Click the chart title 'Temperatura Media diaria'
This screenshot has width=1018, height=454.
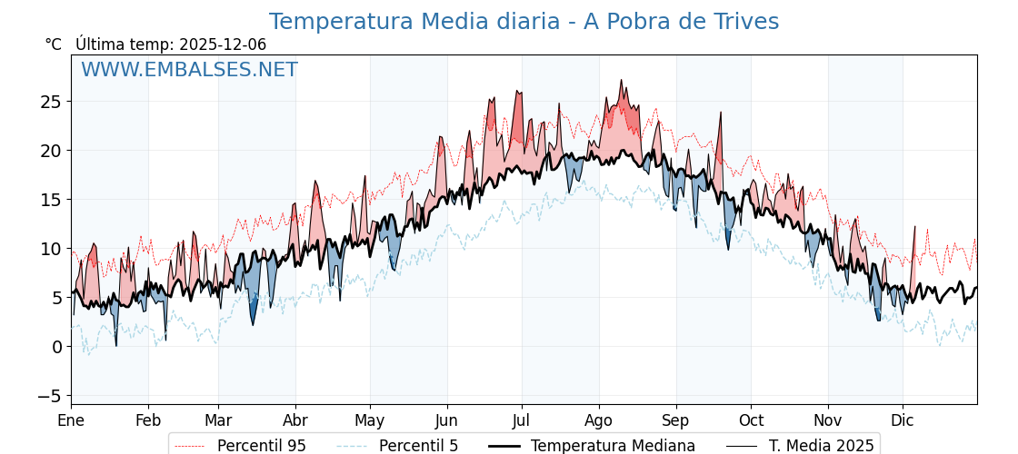[x=524, y=22]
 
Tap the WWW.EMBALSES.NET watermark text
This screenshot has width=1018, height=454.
[x=189, y=70]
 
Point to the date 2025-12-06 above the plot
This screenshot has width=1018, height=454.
[x=223, y=44]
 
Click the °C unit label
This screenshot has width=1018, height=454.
[x=53, y=44]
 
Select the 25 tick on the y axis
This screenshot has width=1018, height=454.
[x=51, y=101]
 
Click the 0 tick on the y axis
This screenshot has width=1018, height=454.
[x=56, y=347]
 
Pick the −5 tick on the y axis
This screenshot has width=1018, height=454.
[x=51, y=396]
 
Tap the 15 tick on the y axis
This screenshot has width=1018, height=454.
[x=51, y=199]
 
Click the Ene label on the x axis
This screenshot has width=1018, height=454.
[x=71, y=421]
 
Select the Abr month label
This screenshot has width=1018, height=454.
[x=295, y=421]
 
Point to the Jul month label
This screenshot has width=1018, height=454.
[x=522, y=421]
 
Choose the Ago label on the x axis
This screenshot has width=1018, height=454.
[x=598, y=421]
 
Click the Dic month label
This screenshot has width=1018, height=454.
[x=903, y=421]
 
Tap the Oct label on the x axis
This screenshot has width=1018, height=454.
[x=751, y=421]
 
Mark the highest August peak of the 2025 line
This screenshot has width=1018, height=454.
[x=622, y=80]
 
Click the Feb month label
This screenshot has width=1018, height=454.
[x=148, y=421]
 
